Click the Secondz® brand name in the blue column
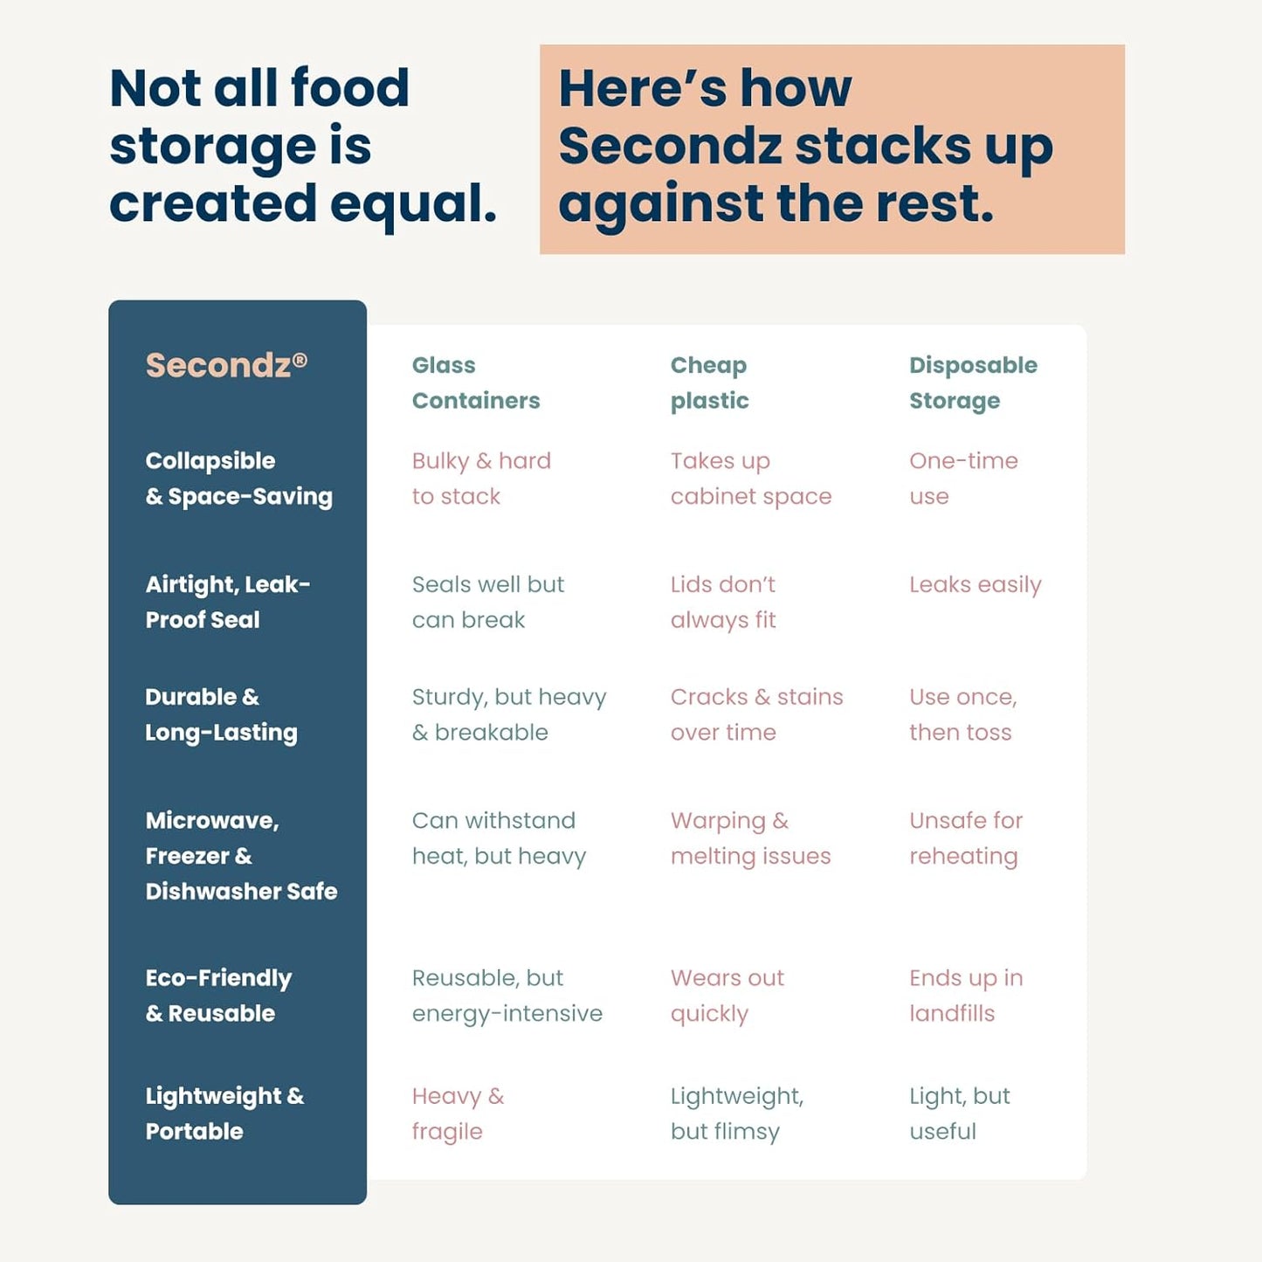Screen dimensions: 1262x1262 click(225, 365)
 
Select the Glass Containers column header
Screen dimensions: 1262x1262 click(475, 383)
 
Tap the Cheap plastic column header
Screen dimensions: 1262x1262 click(709, 383)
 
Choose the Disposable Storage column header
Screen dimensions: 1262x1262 click(973, 383)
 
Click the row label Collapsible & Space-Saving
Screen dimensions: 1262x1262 click(238, 479)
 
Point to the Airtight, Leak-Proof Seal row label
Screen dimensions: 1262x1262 click(227, 602)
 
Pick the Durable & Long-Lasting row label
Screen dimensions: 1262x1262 click(221, 714)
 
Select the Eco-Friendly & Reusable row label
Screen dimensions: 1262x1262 click(218, 996)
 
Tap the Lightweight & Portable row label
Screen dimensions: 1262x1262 click(224, 1114)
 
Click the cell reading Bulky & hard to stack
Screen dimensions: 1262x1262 click(481, 479)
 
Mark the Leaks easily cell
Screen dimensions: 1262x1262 click(975, 584)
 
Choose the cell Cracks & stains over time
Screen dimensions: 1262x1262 click(756, 714)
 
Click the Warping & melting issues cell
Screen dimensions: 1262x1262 click(750, 838)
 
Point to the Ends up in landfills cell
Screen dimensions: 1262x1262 click(965, 996)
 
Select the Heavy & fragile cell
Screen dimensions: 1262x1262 click(458, 1114)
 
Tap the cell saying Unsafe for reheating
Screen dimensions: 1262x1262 click(965, 838)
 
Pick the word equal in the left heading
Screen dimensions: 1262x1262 click(413, 204)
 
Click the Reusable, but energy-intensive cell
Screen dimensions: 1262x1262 click(507, 996)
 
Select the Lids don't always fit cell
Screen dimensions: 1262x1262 click(723, 602)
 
